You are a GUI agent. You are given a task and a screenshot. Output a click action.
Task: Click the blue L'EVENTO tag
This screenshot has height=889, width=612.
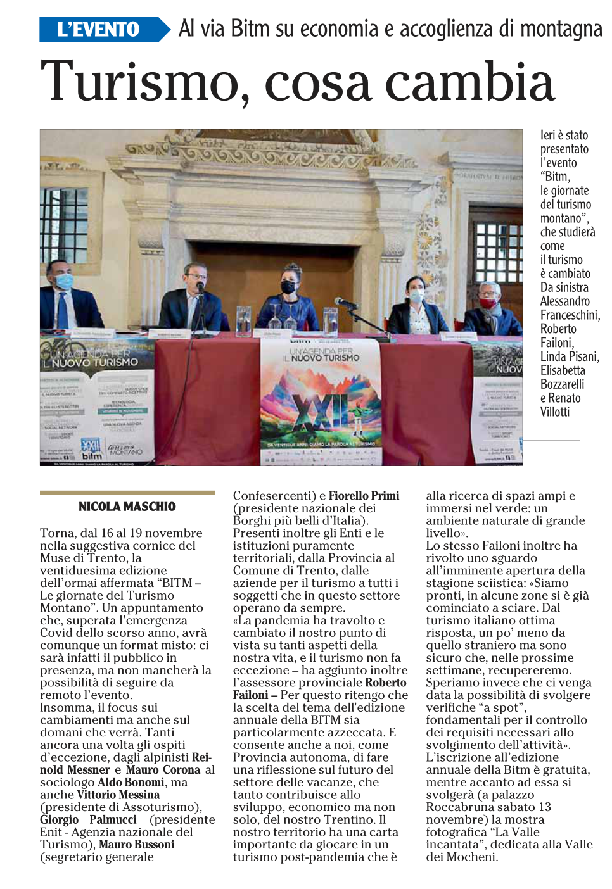pyautogui.click(x=98, y=30)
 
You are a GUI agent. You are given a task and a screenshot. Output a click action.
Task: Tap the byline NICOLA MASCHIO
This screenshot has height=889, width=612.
pyautogui.click(x=127, y=507)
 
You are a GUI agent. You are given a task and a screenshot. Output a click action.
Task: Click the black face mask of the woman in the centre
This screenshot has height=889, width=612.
pyautogui.click(x=288, y=286)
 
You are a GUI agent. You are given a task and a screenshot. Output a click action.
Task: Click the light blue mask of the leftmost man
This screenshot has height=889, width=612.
pyautogui.click(x=65, y=281)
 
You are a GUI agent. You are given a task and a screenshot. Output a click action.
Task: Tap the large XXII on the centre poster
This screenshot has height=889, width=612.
pyautogui.click(x=321, y=411)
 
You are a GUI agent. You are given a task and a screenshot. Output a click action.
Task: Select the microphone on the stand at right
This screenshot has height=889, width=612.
pyautogui.click(x=345, y=303)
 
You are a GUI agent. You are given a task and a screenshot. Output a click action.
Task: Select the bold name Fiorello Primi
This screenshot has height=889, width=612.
pyautogui.click(x=364, y=496)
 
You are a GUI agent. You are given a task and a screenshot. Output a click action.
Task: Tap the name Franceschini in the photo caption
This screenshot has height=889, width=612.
pyautogui.click(x=569, y=315)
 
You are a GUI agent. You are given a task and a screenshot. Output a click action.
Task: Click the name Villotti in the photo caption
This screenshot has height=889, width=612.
pyautogui.click(x=554, y=412)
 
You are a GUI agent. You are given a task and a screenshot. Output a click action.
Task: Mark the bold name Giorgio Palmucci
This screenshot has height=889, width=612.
pyautogui.click(x=88, y=820)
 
